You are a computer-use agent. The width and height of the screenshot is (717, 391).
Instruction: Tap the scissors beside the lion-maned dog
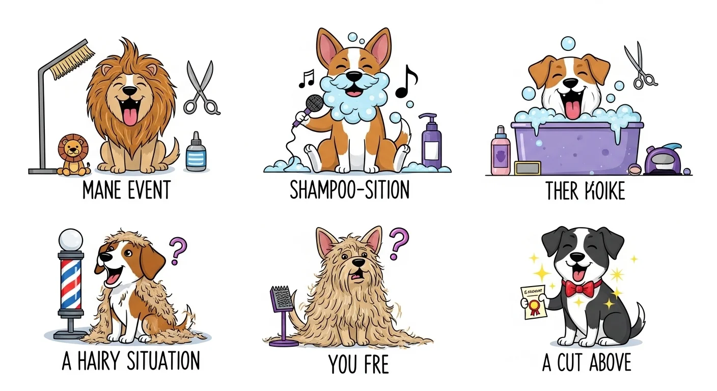click(x=200, y=88)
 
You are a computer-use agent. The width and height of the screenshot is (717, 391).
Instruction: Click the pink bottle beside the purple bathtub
click(x=500, y=151)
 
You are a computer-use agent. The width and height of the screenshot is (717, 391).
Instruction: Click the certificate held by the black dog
click(x=531, y=302)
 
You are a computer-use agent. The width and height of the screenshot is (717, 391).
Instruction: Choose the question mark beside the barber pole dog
click(x=177, y=249)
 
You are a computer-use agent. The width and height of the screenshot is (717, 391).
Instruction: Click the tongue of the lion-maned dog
click(x=130, y=115)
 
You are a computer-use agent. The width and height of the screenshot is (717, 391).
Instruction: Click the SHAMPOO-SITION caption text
click(x=349, y=190)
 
